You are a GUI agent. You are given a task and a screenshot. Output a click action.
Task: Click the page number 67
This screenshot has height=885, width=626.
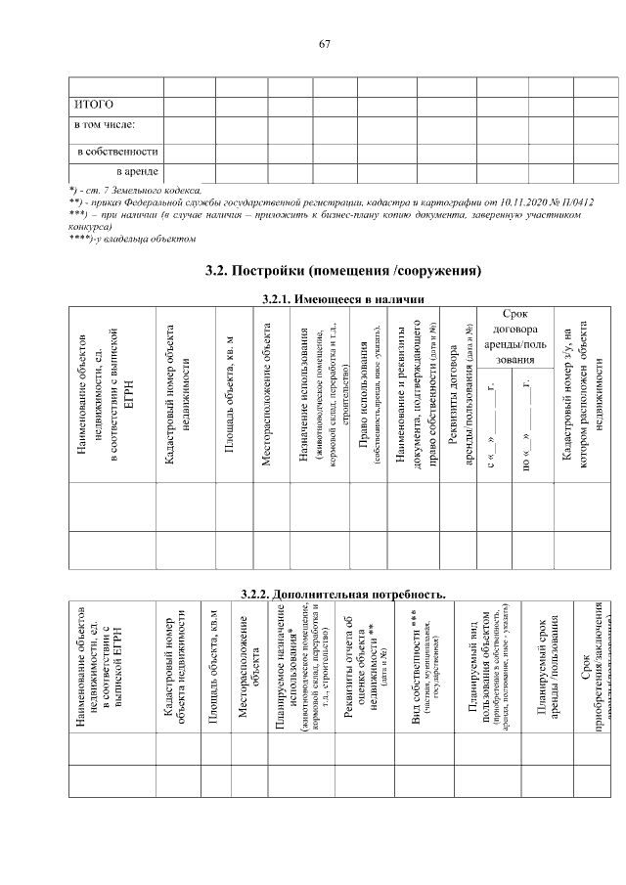click(x=325, y=44)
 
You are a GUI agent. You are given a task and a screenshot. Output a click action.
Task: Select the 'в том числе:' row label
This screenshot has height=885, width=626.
click(x=105, y=126)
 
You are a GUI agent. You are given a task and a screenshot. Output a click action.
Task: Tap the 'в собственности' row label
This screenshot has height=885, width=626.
click(x=117, y=153)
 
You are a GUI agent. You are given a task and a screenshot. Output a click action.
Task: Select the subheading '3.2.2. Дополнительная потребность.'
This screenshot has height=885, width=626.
click(x=342, y=593)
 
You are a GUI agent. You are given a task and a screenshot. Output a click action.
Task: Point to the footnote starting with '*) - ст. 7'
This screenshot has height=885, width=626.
click(x=136, y=190)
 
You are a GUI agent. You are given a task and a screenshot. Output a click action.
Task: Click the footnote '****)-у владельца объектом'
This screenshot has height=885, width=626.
click(x=133, y=239)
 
